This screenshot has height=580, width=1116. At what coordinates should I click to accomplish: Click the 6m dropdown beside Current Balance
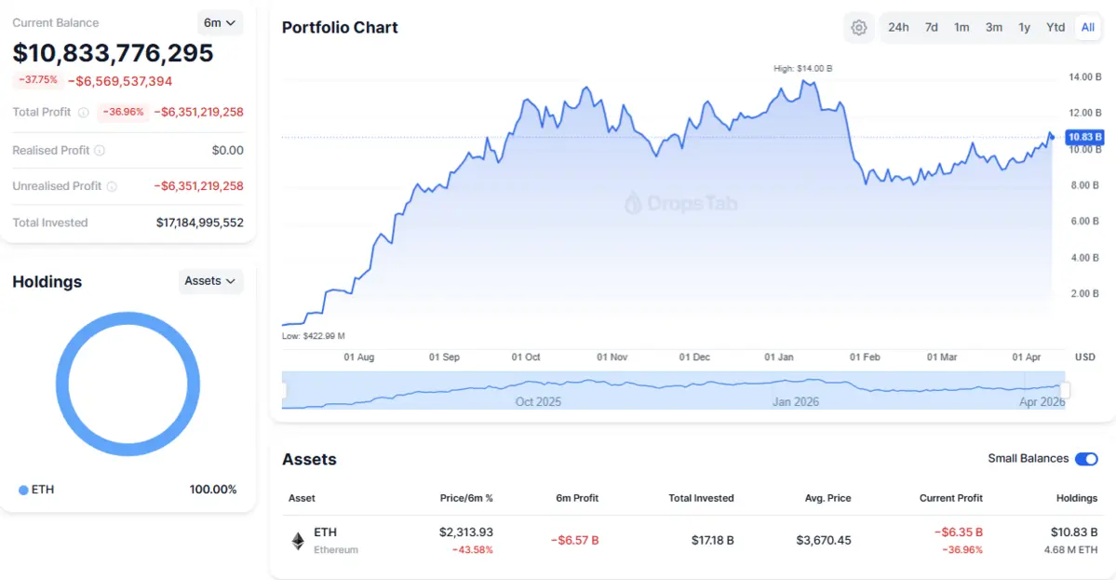220,22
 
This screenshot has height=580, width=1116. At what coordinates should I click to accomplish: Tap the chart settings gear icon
859,28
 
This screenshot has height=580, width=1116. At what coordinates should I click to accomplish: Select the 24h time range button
898,27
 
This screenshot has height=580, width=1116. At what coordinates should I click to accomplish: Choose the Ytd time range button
1055,27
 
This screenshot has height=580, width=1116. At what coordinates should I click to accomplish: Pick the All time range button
1087,27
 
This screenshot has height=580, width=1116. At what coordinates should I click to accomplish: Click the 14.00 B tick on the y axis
1085,77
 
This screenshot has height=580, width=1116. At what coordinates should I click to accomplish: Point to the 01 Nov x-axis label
612,357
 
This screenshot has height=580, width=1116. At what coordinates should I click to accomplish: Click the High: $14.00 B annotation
803,68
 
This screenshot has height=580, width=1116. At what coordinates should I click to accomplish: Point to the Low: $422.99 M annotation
314,335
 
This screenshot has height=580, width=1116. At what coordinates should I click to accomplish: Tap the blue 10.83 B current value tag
1085,138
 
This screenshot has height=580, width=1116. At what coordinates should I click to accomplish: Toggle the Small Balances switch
1086,459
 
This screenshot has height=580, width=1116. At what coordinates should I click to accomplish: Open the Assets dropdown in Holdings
210,280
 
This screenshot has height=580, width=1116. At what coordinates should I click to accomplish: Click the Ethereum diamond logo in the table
298,541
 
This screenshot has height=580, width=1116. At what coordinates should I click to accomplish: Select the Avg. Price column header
827,498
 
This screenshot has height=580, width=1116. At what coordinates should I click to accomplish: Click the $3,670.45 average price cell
824,540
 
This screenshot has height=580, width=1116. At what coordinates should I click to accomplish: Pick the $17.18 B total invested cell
712,540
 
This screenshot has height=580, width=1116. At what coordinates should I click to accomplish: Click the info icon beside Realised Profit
100,150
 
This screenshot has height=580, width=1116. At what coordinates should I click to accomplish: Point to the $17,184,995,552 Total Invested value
199,223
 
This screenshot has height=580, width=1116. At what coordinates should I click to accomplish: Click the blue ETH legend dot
23,490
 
